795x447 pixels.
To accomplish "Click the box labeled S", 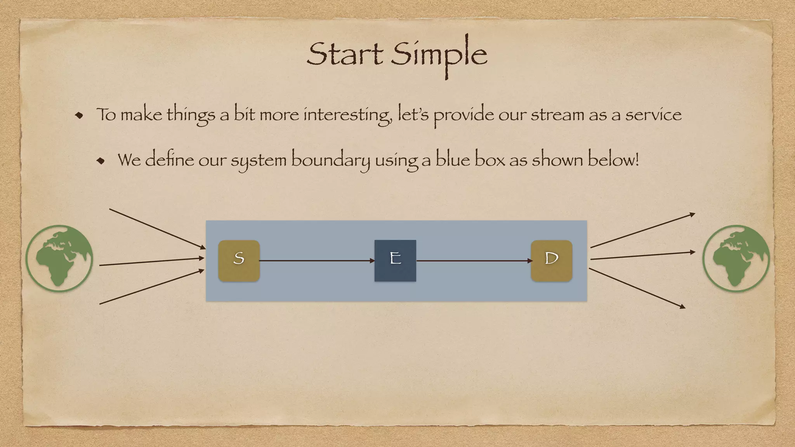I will point(239,260).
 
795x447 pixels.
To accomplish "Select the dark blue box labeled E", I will point(395,260).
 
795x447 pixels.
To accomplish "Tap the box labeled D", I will point(551,260).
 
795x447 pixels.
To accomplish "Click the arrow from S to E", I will point(317,261).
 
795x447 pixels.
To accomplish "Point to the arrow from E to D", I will point(474,261).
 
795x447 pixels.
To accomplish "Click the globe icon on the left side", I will point(59,258).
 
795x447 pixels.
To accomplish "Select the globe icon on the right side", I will point(736,258).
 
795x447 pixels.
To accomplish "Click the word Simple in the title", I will point(439,54).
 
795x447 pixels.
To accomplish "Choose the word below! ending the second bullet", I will point(613,160).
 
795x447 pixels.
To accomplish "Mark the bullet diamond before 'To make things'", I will point(79,115).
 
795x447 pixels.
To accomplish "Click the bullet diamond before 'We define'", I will point(101,160).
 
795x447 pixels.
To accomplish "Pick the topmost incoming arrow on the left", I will point(157,229).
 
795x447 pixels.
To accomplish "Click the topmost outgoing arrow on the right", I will point(642,230).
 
